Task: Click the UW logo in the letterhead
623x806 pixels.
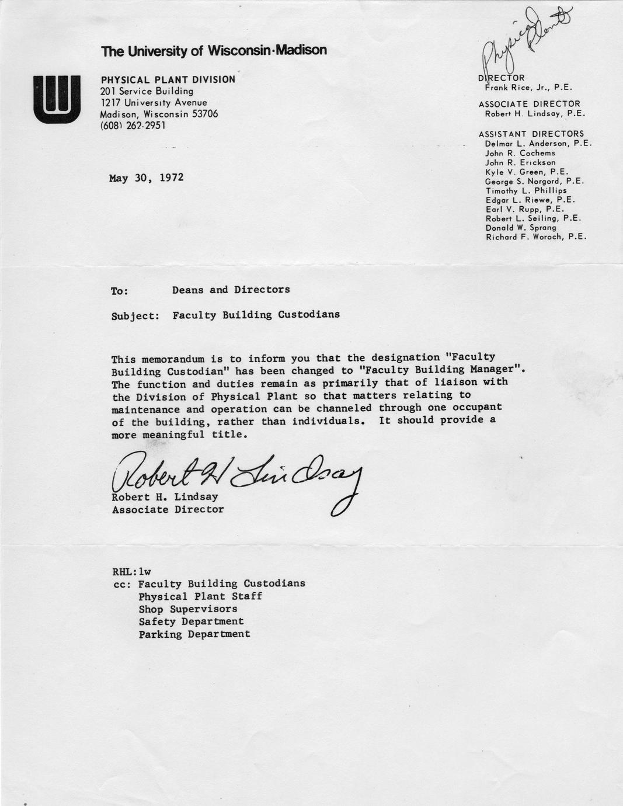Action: pyautogui.click(x=57, y=99)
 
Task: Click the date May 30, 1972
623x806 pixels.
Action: pyautogui.click(x=146, y=178)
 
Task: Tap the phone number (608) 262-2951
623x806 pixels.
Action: pyautogui.click(x=133, y=125)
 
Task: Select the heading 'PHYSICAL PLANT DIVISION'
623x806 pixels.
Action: pyautogui.click(x=168, y=79)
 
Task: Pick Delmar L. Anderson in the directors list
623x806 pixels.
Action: pyautogui.click(x=538, y=143)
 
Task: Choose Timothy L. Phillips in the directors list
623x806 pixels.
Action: pyautogui.click(x=525, y=190)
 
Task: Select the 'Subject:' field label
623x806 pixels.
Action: pyautogui.click(x=135, y=316)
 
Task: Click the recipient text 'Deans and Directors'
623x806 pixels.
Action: pyautogui.click(x=231, y=290)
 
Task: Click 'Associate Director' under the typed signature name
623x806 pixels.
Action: pyautogui.click(x=168, y=509)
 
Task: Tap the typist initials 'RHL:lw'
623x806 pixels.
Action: pyautogui.click(x=131, y=571)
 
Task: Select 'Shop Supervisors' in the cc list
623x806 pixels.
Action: pyautogui.click(x=187, y=609)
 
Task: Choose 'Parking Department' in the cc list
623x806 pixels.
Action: pyautogui.click(x=194, y=634)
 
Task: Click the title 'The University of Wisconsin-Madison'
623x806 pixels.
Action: pyautogui.click(x=214, y=51)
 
